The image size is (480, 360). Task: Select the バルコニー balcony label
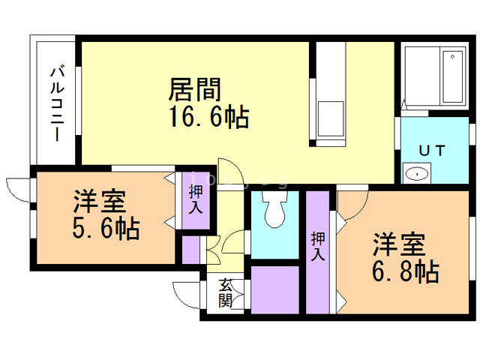coord(56,103)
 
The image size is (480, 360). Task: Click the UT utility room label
coord(432,150)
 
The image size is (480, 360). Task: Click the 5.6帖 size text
coord(106,229)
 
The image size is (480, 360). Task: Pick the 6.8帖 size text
coord(406,271)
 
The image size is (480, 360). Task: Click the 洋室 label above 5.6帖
coord(99,202)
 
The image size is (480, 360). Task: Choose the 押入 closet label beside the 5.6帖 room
coord(196,200)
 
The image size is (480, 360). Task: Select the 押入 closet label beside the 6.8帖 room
coord(318,245)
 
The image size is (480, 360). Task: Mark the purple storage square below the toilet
coord(275,289)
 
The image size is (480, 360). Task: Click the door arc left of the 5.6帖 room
coord(16,187)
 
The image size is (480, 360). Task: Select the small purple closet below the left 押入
coord(190,248)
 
